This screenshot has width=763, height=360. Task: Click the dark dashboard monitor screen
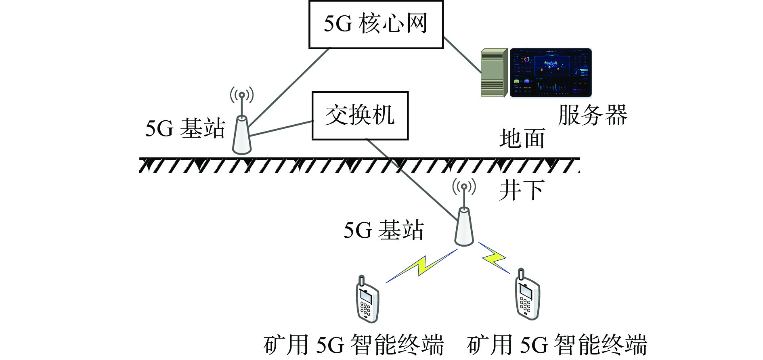pos(551,73)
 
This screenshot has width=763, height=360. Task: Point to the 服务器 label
pos(593,115)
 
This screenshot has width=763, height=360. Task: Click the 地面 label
pos(522,138)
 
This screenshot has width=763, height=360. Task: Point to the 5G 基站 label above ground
pos(185,129)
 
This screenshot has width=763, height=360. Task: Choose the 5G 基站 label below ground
pos(384,230)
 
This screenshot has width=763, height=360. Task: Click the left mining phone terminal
pos(367,299)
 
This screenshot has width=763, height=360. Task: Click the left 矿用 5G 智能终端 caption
pos(354,345)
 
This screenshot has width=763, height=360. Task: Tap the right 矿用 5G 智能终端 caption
pos(557,345)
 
